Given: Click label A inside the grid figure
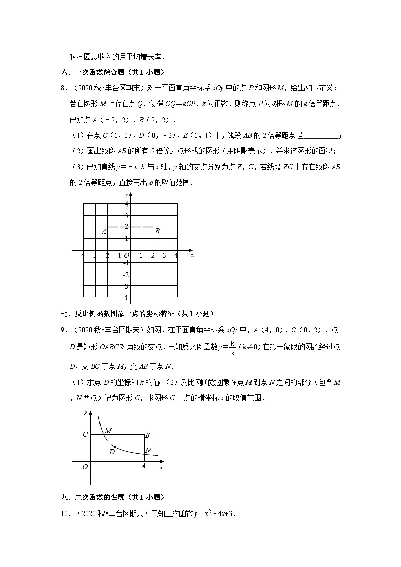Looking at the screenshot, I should click(104, 232).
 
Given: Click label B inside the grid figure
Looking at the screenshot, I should click(157, 231).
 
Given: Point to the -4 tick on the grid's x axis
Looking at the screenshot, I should click(82, 256).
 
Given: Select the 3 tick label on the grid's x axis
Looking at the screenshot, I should click(164, 256).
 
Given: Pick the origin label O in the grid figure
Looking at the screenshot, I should click(126, 256).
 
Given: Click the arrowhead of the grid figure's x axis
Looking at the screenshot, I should click(190, 250).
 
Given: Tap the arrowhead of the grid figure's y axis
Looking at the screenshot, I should click(130, 194).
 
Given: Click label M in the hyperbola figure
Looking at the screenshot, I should click(108, 431).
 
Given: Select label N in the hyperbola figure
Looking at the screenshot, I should click(148, 450).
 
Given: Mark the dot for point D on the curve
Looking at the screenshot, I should click(115, 447).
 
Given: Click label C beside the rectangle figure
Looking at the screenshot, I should click(85, 434).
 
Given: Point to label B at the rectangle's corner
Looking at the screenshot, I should click(147, 435).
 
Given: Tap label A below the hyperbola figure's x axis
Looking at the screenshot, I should click(143, 467).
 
